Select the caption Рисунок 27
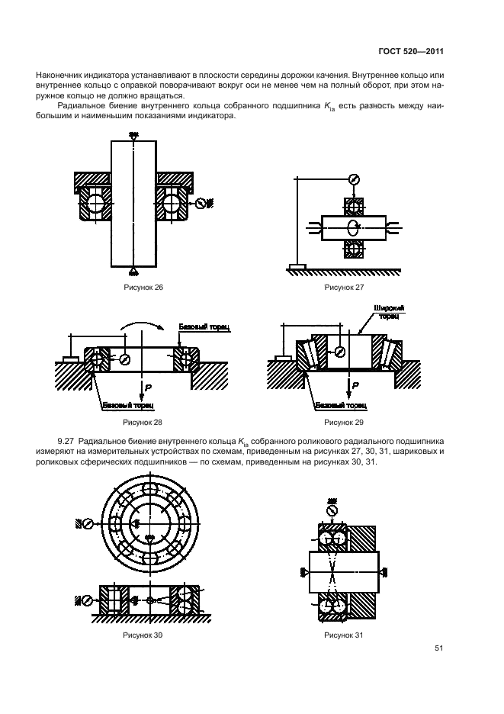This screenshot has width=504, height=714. (344, 287)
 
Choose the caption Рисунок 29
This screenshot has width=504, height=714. (344, 421)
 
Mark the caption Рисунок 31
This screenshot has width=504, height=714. (344, 634)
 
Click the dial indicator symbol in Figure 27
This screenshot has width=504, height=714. (352, 179)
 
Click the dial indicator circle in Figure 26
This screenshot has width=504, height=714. (201, 203)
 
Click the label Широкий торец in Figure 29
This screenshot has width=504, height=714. (389, 311)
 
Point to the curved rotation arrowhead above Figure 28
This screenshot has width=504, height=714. (161, 326)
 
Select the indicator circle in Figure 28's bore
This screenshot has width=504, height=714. (124, 358)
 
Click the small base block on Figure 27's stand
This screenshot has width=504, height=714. (297, 267)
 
